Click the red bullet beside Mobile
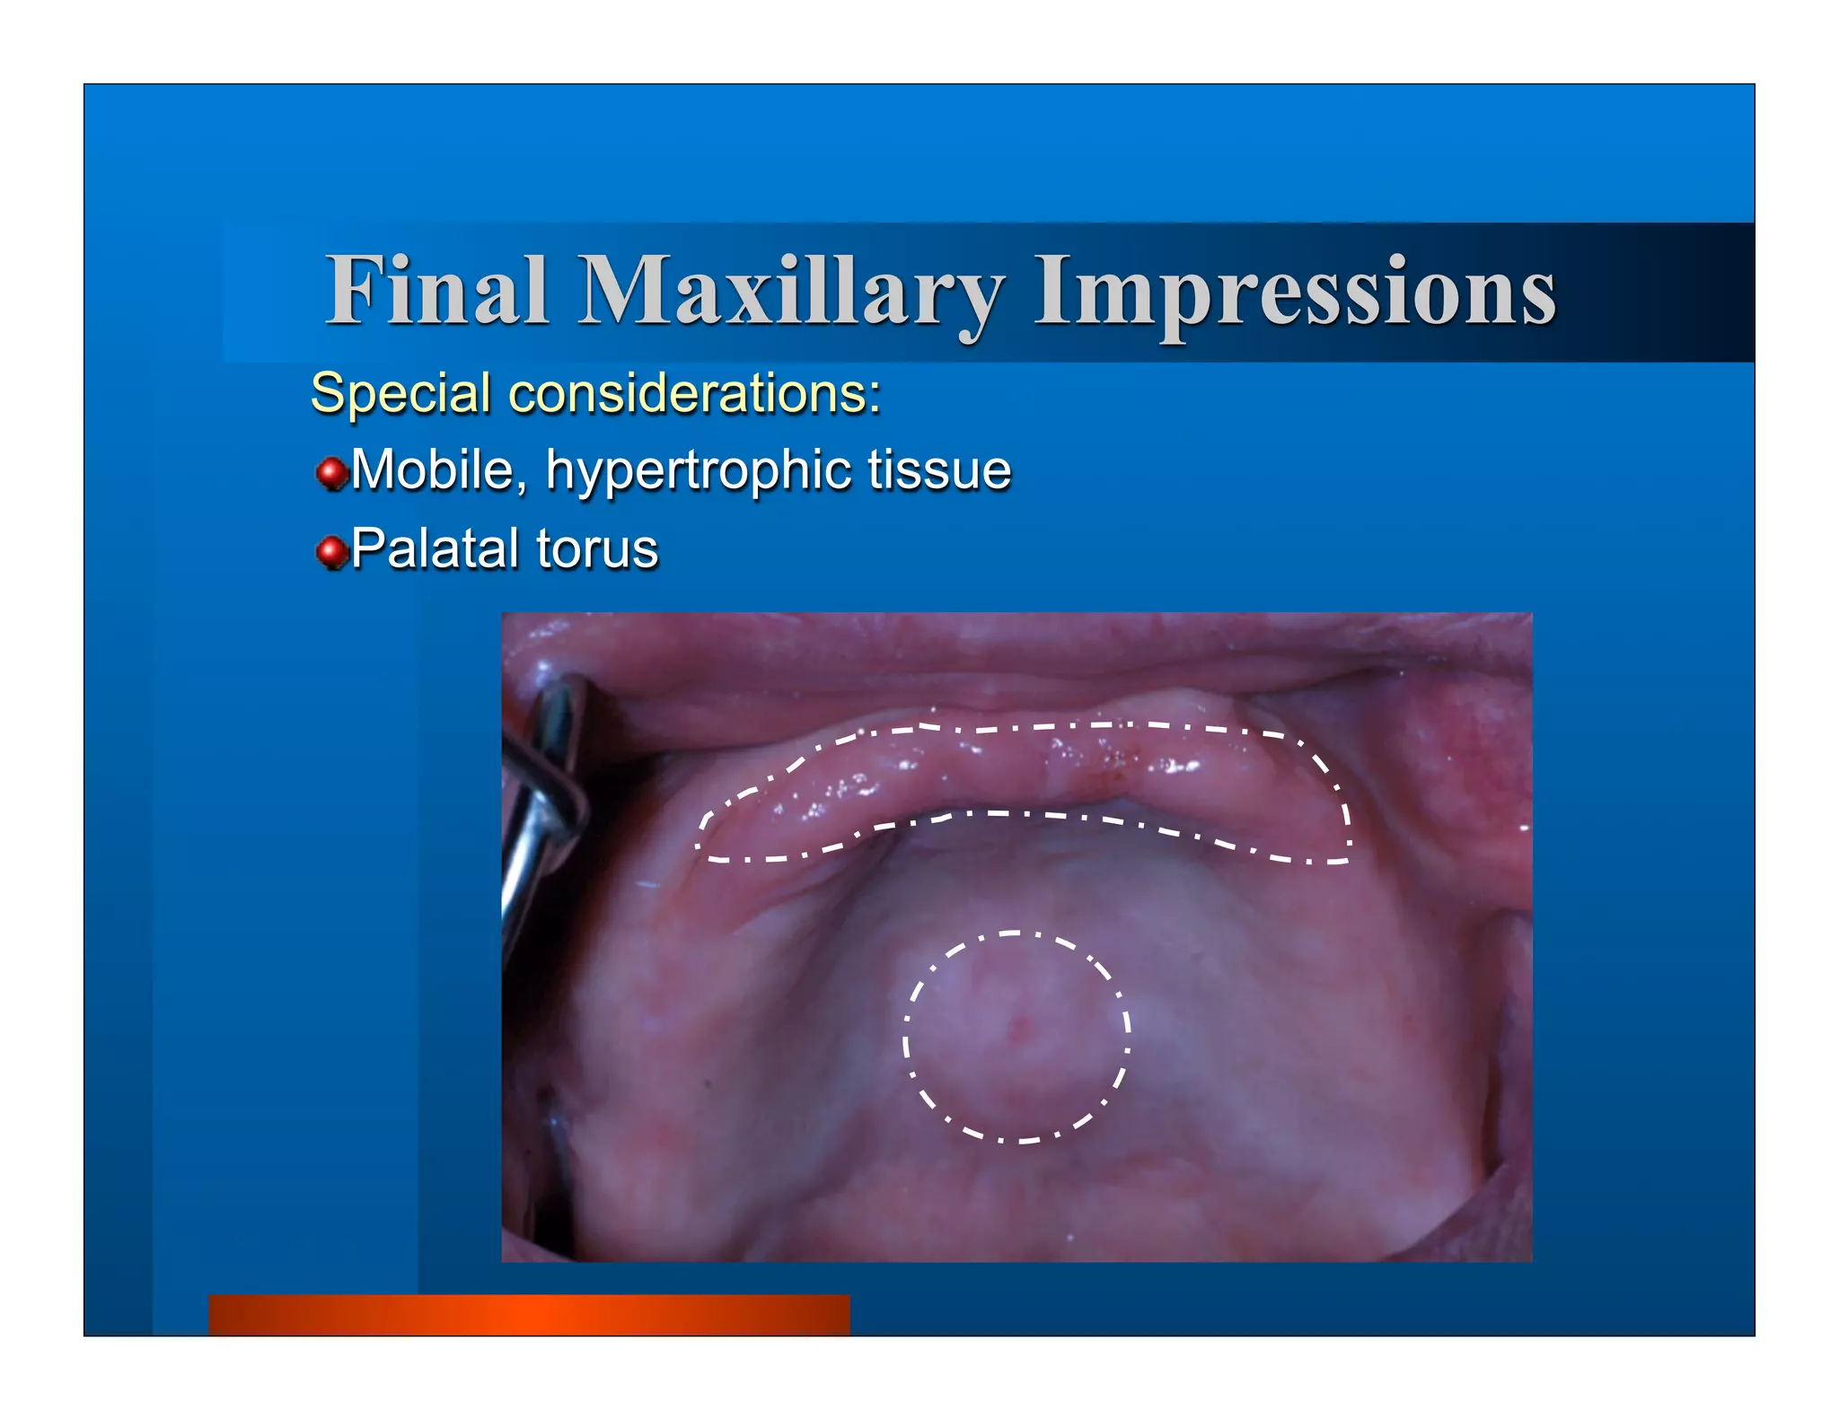click(x=332, y=473)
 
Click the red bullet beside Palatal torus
click(x=332, y=552)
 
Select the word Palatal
click(x=436, y=548)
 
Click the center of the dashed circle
click(x=1016, y=1037)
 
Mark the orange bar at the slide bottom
click(x=529, y=1314)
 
